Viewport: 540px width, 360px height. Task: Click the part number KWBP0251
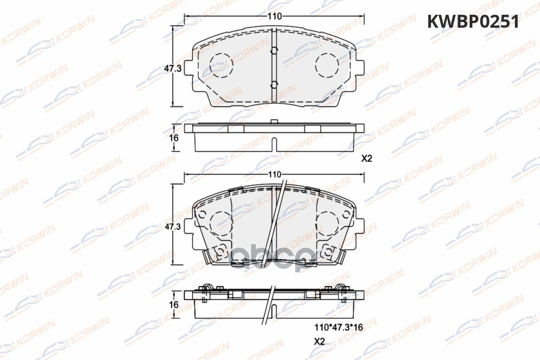(473, 22)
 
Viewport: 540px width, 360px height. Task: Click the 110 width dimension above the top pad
(274, 16)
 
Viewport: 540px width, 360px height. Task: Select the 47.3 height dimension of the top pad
(173, 68)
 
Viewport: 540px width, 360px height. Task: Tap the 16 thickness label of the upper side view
(174, 138)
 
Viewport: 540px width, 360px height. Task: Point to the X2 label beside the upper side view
(367, 158)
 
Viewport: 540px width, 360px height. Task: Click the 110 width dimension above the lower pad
(274, 174)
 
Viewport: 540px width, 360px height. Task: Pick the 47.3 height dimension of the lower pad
(173, 227)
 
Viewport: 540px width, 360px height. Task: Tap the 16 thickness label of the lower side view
(174, 305)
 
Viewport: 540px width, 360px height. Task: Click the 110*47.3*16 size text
(338, 327)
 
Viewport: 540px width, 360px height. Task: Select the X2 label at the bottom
(319, 342)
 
